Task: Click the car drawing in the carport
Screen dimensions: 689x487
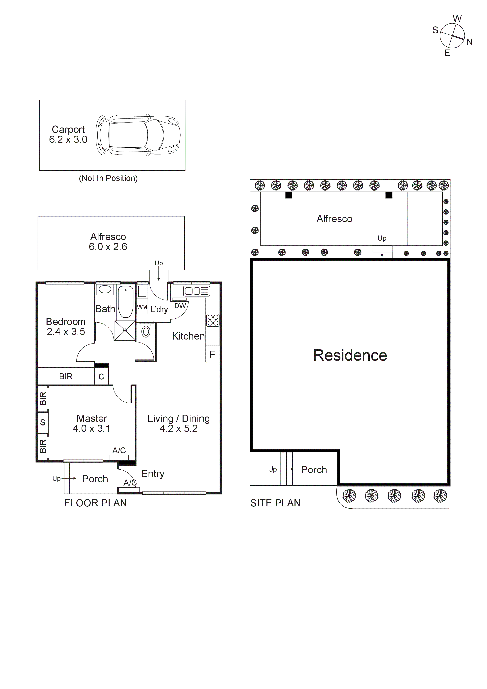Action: (x=138, y=135)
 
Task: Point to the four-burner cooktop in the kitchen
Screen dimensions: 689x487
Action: (x=213, y=320)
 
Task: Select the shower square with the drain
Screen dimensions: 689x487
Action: (x=125, y=330)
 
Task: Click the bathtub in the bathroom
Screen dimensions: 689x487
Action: (x=125, y=301)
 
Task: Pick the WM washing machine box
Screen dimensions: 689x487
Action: (x=142, y=307)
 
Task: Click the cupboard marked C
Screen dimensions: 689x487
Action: (x=101, y=377)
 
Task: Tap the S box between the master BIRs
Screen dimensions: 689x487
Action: (x=43, y=422)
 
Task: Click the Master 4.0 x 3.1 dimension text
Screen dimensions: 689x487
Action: (x=91, y=428)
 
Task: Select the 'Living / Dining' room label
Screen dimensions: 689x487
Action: (x=179, y=419)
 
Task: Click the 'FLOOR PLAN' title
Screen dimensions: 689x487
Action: (x=95, y=503)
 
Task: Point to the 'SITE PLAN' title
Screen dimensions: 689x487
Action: (x=275, y=503)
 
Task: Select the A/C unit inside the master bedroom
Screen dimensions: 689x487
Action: (x=119, y=457)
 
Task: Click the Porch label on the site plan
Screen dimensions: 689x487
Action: (x=314, y=470)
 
